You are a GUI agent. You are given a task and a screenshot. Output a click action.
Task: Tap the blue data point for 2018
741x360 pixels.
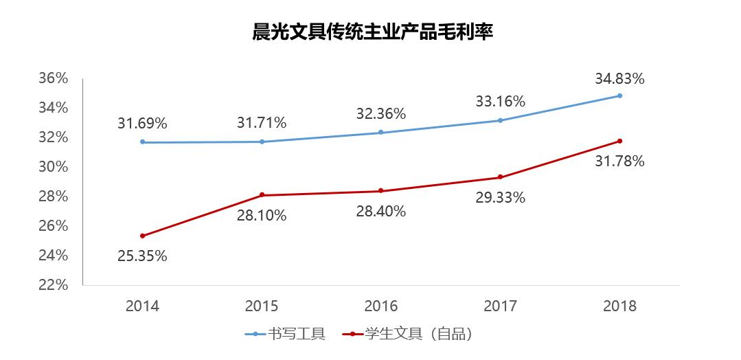(619, 95)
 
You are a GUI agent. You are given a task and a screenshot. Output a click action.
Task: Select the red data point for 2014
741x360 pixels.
(142, 236)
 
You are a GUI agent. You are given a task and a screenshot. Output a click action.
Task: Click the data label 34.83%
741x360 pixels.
(619, 78)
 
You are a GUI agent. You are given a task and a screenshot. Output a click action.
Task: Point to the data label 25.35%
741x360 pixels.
(142, 256)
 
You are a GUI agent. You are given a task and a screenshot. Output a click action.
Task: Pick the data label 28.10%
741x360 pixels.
(262, 215)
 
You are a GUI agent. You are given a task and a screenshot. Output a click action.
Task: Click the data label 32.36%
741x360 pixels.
(381, 113)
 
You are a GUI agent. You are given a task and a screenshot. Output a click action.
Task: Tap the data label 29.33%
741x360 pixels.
(501, 197)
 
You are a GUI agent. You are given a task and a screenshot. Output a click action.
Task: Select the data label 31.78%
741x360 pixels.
(619, 161)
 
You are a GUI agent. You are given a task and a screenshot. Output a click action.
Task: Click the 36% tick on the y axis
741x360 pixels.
(54, 78)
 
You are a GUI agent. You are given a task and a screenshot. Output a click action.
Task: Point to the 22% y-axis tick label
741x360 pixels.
(54, 285)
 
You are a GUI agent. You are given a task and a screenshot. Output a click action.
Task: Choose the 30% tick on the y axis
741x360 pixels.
(54, 167)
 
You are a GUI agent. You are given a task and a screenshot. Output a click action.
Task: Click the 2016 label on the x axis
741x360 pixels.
(381, 306)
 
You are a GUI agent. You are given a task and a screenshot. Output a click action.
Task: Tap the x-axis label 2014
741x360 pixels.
(142, 306)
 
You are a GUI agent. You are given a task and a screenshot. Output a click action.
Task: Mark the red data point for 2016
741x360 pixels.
(381, 191)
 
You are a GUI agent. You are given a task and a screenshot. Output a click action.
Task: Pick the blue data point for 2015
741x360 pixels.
(262, 142)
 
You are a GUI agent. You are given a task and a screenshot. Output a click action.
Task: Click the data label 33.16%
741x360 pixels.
(501, 102)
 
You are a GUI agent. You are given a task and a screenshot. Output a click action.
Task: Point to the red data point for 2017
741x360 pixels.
(501, 177)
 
